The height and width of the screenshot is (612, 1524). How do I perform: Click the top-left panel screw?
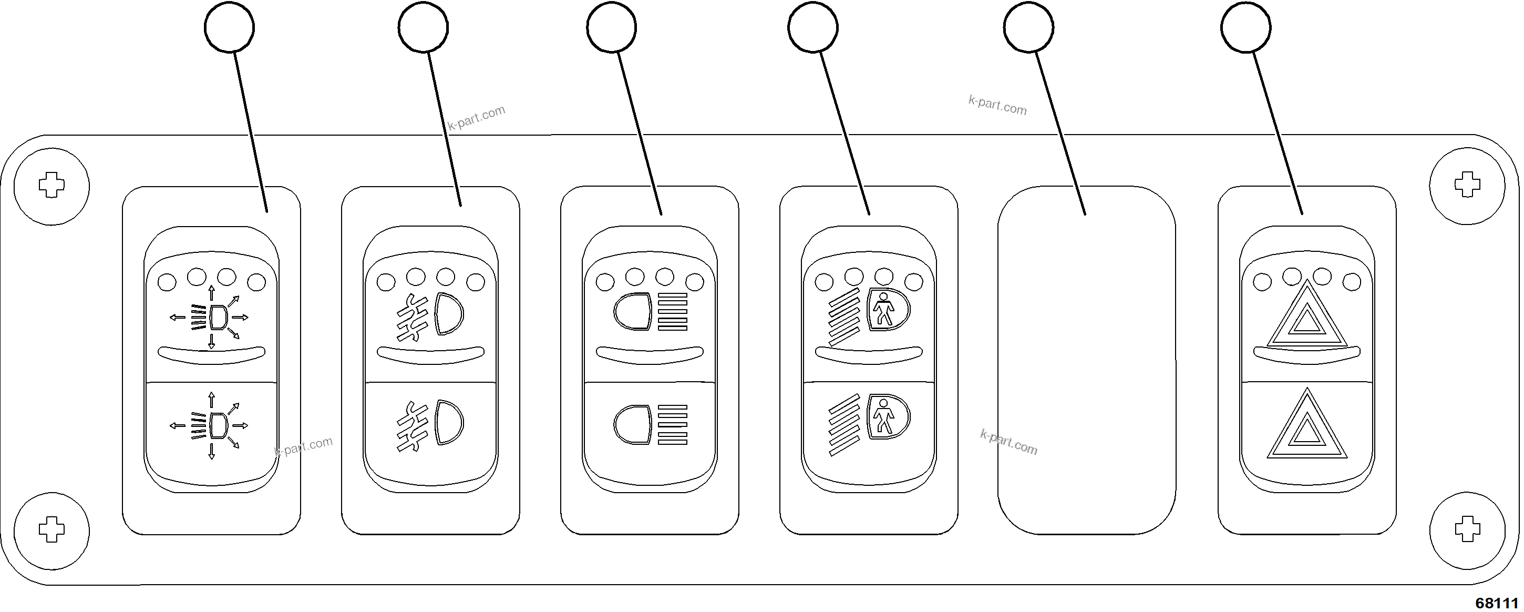coord(52,186)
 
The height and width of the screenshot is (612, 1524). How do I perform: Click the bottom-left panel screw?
coord(52,528)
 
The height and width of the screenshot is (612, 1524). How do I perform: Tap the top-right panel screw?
coord(1467,186)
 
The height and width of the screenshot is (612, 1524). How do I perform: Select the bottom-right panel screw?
coord(1467,528)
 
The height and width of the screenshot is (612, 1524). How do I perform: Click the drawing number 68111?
coord(1496,603)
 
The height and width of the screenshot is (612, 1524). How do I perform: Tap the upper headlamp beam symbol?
coord(650,311)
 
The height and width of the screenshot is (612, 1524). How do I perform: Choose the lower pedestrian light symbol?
coord(869,424)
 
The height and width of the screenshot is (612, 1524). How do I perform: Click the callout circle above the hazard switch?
coord(1245,27)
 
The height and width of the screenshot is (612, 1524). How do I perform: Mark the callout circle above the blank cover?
coord(1028,27)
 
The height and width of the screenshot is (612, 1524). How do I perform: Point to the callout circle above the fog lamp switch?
coord(423,27)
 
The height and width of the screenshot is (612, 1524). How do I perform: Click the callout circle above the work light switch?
coord(230,27)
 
